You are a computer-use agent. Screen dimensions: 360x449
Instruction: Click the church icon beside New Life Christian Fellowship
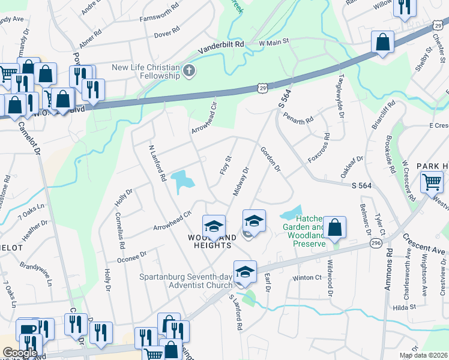(189, 71)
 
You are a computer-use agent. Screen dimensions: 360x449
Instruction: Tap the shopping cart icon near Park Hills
(432, 181)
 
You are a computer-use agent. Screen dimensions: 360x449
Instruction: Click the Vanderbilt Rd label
(222, 44)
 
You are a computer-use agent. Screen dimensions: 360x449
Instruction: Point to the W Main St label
(274, 42)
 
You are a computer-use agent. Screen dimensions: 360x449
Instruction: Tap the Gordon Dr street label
(270, 160)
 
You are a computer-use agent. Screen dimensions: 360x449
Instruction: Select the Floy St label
(226, 166)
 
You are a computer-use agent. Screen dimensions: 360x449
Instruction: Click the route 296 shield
(376, 243)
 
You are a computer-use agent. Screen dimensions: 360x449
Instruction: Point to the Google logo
(20, 353)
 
